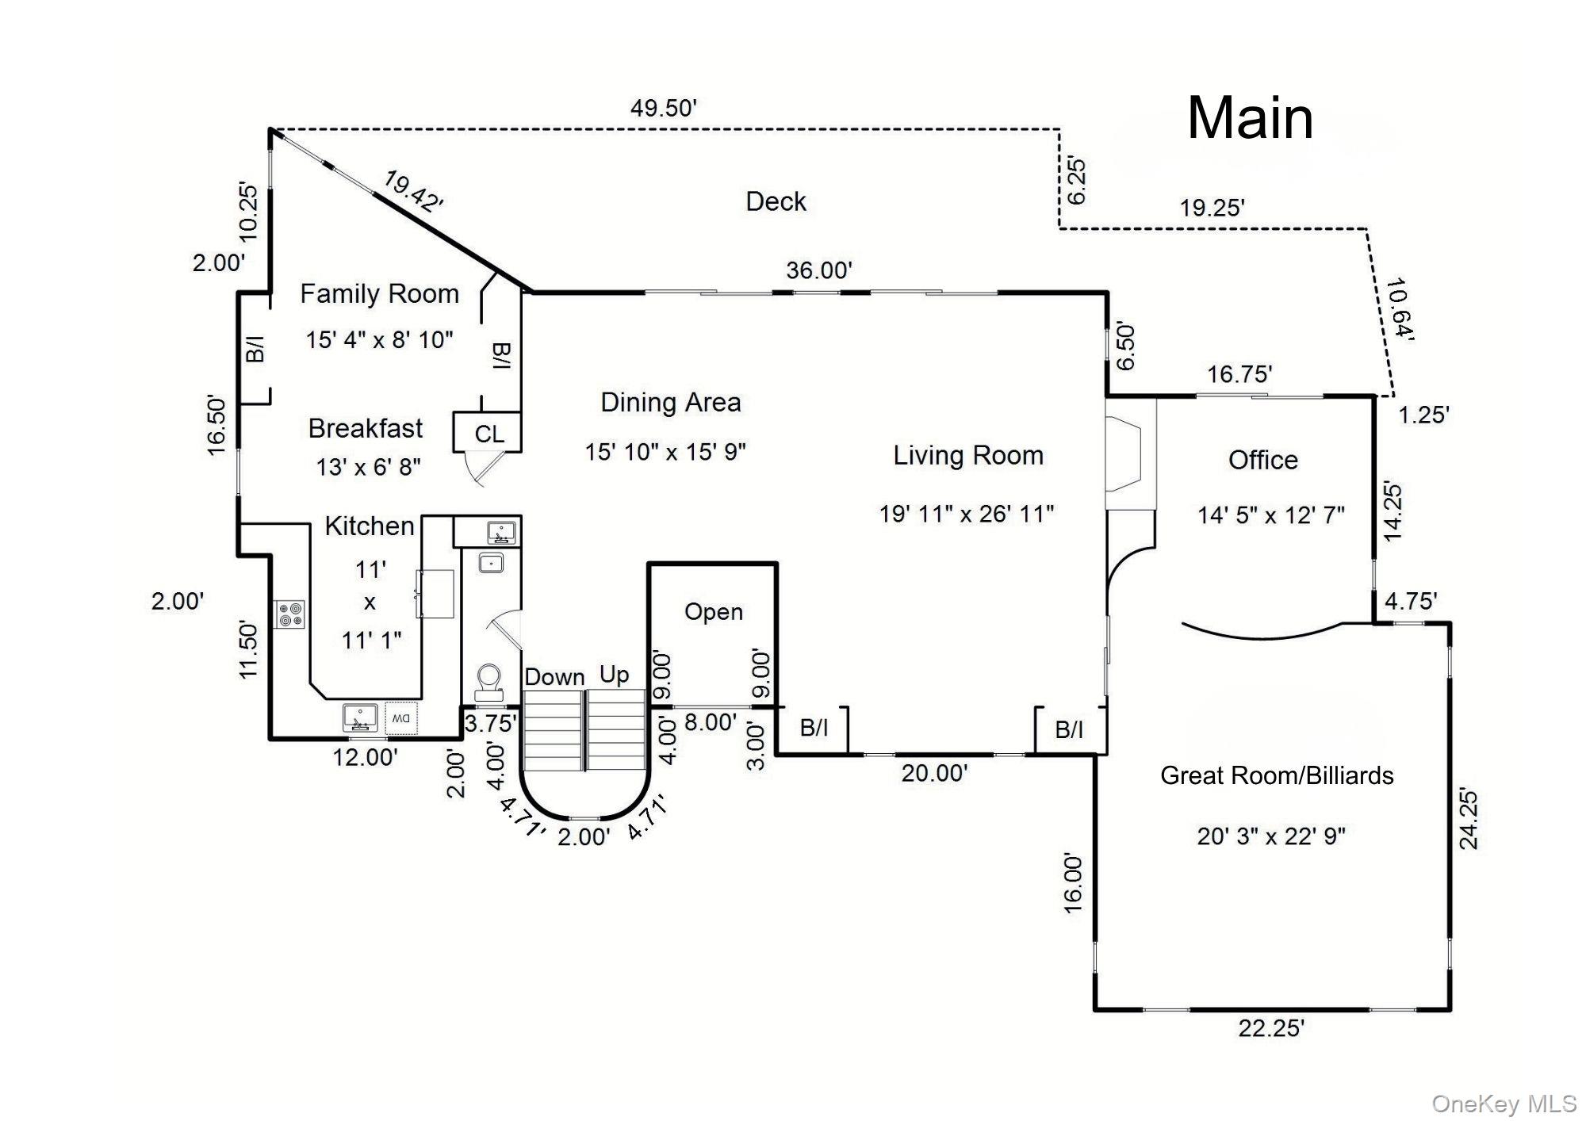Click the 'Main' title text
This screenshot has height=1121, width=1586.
coord(1250,119)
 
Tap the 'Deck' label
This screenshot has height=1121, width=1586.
coord(776,201)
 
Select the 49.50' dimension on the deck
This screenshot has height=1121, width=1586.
coord(663,109)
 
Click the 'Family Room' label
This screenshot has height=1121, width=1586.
coord(379,294)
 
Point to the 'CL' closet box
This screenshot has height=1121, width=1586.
coord(488,434)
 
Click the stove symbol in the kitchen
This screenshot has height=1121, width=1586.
coord(290,615)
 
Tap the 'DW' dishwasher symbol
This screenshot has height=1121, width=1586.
coord(401,718)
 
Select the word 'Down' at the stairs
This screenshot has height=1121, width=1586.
coord(554,677)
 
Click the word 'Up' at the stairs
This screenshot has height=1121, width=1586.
coord(614,675)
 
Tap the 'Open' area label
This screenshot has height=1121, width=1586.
coord(714,612)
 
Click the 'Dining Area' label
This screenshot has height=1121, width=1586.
coord(670,403)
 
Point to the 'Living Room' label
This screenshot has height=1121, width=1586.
coord(967,456)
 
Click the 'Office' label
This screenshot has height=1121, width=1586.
coord(1262,461)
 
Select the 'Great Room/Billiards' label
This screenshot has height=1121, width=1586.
coord(1277,775)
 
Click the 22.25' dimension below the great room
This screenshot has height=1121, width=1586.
coord(1271,1028)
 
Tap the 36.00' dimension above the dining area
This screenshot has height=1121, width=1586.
coord(818,270)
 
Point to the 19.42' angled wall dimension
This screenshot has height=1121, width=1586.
coord(412,192)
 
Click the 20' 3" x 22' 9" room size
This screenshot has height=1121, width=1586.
coord(1270,836)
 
